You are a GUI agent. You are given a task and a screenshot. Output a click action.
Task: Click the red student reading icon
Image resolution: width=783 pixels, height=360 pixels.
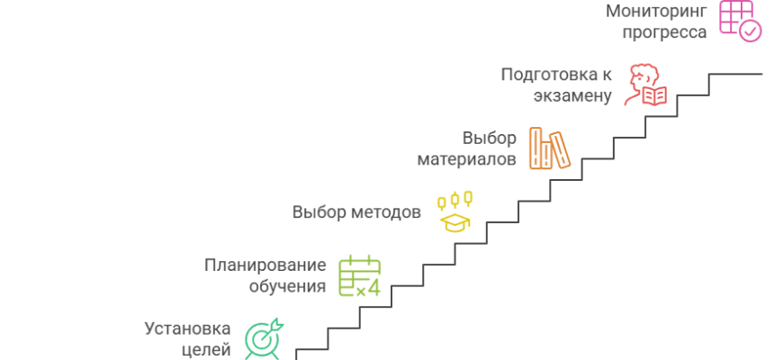pos(647,85)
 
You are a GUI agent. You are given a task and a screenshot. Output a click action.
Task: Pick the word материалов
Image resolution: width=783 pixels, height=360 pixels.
pos(467,159)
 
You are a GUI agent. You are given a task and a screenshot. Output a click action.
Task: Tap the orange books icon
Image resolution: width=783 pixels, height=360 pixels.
pos(549,149)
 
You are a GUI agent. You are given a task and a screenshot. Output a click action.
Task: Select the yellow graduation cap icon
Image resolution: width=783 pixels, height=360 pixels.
pos(455,212)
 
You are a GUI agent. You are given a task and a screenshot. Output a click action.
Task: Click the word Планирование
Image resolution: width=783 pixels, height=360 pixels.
pos(265,265)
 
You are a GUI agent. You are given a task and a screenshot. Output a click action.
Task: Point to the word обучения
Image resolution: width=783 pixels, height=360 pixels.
pos(287,286)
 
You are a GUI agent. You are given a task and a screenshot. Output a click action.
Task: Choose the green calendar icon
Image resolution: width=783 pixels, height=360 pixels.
pos(359,276)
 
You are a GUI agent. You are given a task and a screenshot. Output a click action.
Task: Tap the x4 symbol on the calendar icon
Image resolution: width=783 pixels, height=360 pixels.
pos(368,290)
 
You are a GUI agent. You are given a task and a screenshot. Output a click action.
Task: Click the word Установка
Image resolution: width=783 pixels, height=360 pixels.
pos(187,328)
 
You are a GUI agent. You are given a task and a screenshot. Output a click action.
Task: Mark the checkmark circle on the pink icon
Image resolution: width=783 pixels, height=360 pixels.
pos(751,31)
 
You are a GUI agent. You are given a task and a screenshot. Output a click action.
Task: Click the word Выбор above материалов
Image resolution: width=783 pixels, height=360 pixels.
pos(490,139)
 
